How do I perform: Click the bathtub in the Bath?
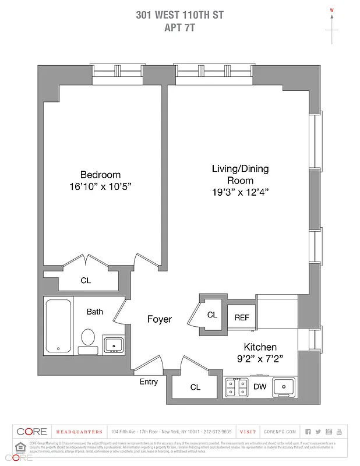(58, 326)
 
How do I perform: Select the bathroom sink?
(113, 344)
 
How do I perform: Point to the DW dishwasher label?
(260, 387)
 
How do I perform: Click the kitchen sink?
(285, 386)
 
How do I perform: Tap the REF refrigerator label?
(242, 317)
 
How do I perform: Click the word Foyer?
(159, 319)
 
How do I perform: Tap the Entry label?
(149, 382)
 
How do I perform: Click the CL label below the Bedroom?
(86, 280)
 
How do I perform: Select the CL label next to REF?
(212, 315)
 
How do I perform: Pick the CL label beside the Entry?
(195, 387)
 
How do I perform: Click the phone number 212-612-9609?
(218, 432)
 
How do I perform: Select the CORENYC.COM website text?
(280, 432)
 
